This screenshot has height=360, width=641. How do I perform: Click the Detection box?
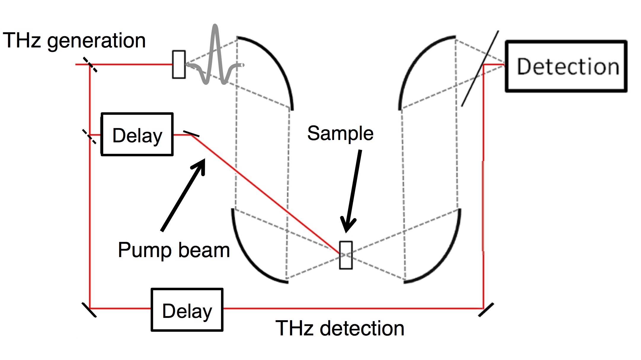(x=566, y=66)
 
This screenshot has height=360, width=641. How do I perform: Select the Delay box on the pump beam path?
(x=137, y=134)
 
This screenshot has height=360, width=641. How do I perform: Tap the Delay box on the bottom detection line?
(x=187, y=310)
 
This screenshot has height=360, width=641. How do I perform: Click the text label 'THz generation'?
(x=74, y=40)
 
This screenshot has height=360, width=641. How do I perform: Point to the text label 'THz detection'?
(x=340, y=328)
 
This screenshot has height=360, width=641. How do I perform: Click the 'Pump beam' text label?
(x=174, y=250)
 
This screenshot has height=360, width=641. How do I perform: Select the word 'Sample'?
(x=340, y=133)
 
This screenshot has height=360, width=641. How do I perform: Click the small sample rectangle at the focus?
(x=346, y=255)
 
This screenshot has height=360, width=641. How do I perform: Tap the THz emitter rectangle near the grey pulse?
(x=179, y=64)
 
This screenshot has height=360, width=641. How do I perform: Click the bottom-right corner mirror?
(x=486, y=310)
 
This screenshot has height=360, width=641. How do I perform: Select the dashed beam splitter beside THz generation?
(x=89, y=65)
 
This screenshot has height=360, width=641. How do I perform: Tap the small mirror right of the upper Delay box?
(x=191, y=134)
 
